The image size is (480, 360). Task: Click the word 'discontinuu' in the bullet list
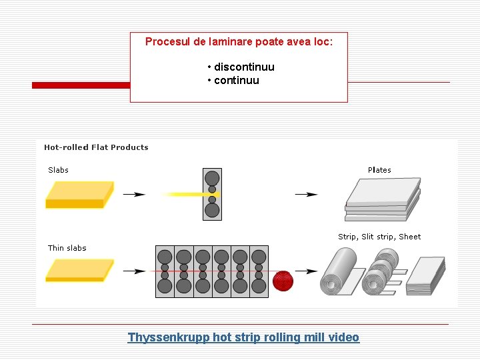pyautogui.click(x=244, y=67)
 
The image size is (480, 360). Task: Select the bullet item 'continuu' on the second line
pyautogui.click(x=237, y=81)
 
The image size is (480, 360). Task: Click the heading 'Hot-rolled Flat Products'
pyautogui.click(x=96, y=147)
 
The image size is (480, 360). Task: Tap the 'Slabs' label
pyautogui.click(x=58, y=170)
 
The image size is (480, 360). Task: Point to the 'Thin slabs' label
pyautogui.click(x=67, y=248)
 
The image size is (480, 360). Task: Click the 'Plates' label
pyautogui.click(x=379, y=170)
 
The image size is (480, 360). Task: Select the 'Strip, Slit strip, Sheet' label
pyautogui.click(x=379, y=237)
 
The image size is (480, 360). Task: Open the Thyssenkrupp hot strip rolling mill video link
pyautogui.click(x=243, y=337)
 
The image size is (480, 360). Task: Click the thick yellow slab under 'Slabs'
pyautogui.click(x=78, y=195)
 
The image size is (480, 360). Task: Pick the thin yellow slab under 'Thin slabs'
pyautogui.click(x=78, y=270)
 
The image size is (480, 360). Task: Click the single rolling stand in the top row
pyautogui.click(x=212, y=194)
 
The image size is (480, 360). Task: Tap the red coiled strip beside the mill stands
pyautogui.click(x=283, y=280)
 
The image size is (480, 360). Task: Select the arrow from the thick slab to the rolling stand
pyautogui.click(x=135, y=195)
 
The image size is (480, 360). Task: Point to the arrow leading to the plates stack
pyautogui.click(x=307, y=195)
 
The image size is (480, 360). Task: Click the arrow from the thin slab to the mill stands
pyautogui.click(x=135, y=271)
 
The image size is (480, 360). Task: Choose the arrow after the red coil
pyautogui.click(x=307, y=271)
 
